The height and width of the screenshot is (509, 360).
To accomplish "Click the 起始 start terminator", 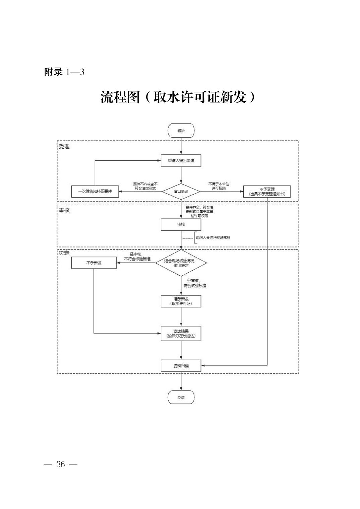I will tap(181, 131).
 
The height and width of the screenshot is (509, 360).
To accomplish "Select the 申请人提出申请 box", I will tap(181, 161).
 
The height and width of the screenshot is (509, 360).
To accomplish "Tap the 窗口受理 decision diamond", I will tap(181, 192).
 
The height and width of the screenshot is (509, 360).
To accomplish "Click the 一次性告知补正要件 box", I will tap(95, 191).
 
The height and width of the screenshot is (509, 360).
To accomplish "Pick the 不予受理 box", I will tap(267, 192).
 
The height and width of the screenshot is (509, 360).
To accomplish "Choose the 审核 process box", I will tap(181, 224).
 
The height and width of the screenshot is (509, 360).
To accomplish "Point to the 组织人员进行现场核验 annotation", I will tap(213, 238).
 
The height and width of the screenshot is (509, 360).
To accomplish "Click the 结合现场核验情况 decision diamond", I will tap(181, 263).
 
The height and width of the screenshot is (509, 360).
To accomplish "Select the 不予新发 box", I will tap(94, 263).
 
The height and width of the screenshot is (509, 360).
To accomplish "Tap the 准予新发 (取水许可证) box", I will tap(181, 301).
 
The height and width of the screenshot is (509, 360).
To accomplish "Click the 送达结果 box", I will tap(181, 334).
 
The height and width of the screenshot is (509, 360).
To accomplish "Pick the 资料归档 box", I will tap(181, 366).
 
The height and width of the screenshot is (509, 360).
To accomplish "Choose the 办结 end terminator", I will tap(181, 397).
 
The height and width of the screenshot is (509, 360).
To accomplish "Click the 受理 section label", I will tap(64, 147).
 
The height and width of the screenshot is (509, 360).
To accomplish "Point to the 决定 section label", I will tap(64, 253).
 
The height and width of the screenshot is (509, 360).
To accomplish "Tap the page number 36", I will tap(61, 464).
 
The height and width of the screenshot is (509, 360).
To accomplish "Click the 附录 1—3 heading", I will tap(64, 72).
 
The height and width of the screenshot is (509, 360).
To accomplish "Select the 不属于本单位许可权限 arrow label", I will tap(219, 186).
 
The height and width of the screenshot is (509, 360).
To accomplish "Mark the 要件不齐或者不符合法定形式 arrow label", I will tap(145, 186).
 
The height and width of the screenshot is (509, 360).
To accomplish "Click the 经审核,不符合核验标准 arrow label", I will tap(137, 257).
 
